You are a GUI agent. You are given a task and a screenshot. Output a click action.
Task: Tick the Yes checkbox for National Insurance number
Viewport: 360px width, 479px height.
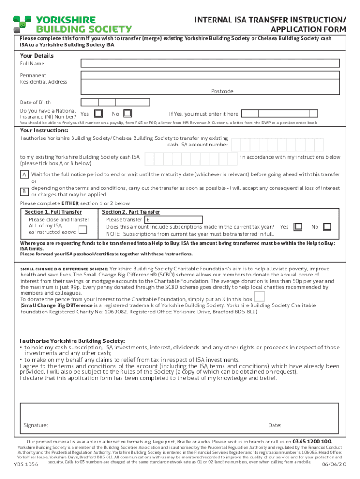click(x=99, y=114)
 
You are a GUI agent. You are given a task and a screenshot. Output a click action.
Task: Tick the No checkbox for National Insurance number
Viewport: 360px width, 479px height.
click(x=128, y=114)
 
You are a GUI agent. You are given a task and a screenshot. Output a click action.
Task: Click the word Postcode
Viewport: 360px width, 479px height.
click(x=222, y=91)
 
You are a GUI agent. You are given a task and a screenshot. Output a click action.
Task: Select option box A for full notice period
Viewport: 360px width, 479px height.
click(x=23, y=174)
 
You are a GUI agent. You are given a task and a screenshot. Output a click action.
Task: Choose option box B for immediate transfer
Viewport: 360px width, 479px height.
click(x=23, y=191)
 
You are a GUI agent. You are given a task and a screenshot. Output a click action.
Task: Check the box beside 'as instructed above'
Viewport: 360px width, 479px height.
click(x=83, y=229)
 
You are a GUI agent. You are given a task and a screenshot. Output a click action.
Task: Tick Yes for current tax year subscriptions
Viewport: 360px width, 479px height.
click(x=298, y=227)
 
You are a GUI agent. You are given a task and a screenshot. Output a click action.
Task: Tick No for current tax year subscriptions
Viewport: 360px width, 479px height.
click(x=327, y=227)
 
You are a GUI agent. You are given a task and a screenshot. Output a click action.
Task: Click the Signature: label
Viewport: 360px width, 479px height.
click(x=36, y=425)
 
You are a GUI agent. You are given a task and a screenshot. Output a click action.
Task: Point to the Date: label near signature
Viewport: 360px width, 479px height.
click(x=274, y=425)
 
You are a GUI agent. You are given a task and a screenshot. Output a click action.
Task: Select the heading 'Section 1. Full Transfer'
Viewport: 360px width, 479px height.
click(x=53, y=212)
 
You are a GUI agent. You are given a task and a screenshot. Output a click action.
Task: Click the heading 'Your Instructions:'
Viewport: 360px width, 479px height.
click(x=44, y=131)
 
